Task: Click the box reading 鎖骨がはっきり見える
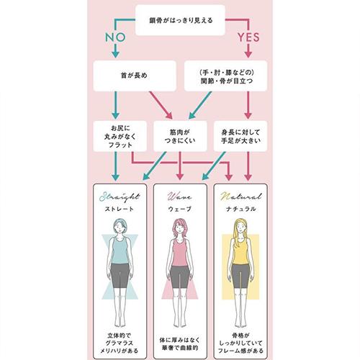pos(180,20)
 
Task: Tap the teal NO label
pos(115,37)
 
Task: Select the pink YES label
pos(248,37)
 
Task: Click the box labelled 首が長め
pos(135,76)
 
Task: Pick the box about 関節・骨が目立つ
pos(225,76)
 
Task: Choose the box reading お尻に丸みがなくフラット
pos(120,136)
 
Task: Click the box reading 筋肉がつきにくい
pos(180,136)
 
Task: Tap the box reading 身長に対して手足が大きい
pos(240,136)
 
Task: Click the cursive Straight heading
pos(120,197)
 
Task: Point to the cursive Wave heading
pos(180,197)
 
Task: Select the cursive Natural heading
pos(240,197)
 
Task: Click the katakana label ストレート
pos(120,209)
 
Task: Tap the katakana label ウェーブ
pos(180,209)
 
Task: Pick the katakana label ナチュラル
pos(240,209)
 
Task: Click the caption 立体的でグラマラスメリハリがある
pos(120,343)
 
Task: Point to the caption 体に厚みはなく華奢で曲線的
pos(180,343)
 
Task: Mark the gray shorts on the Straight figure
pos(120,275)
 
